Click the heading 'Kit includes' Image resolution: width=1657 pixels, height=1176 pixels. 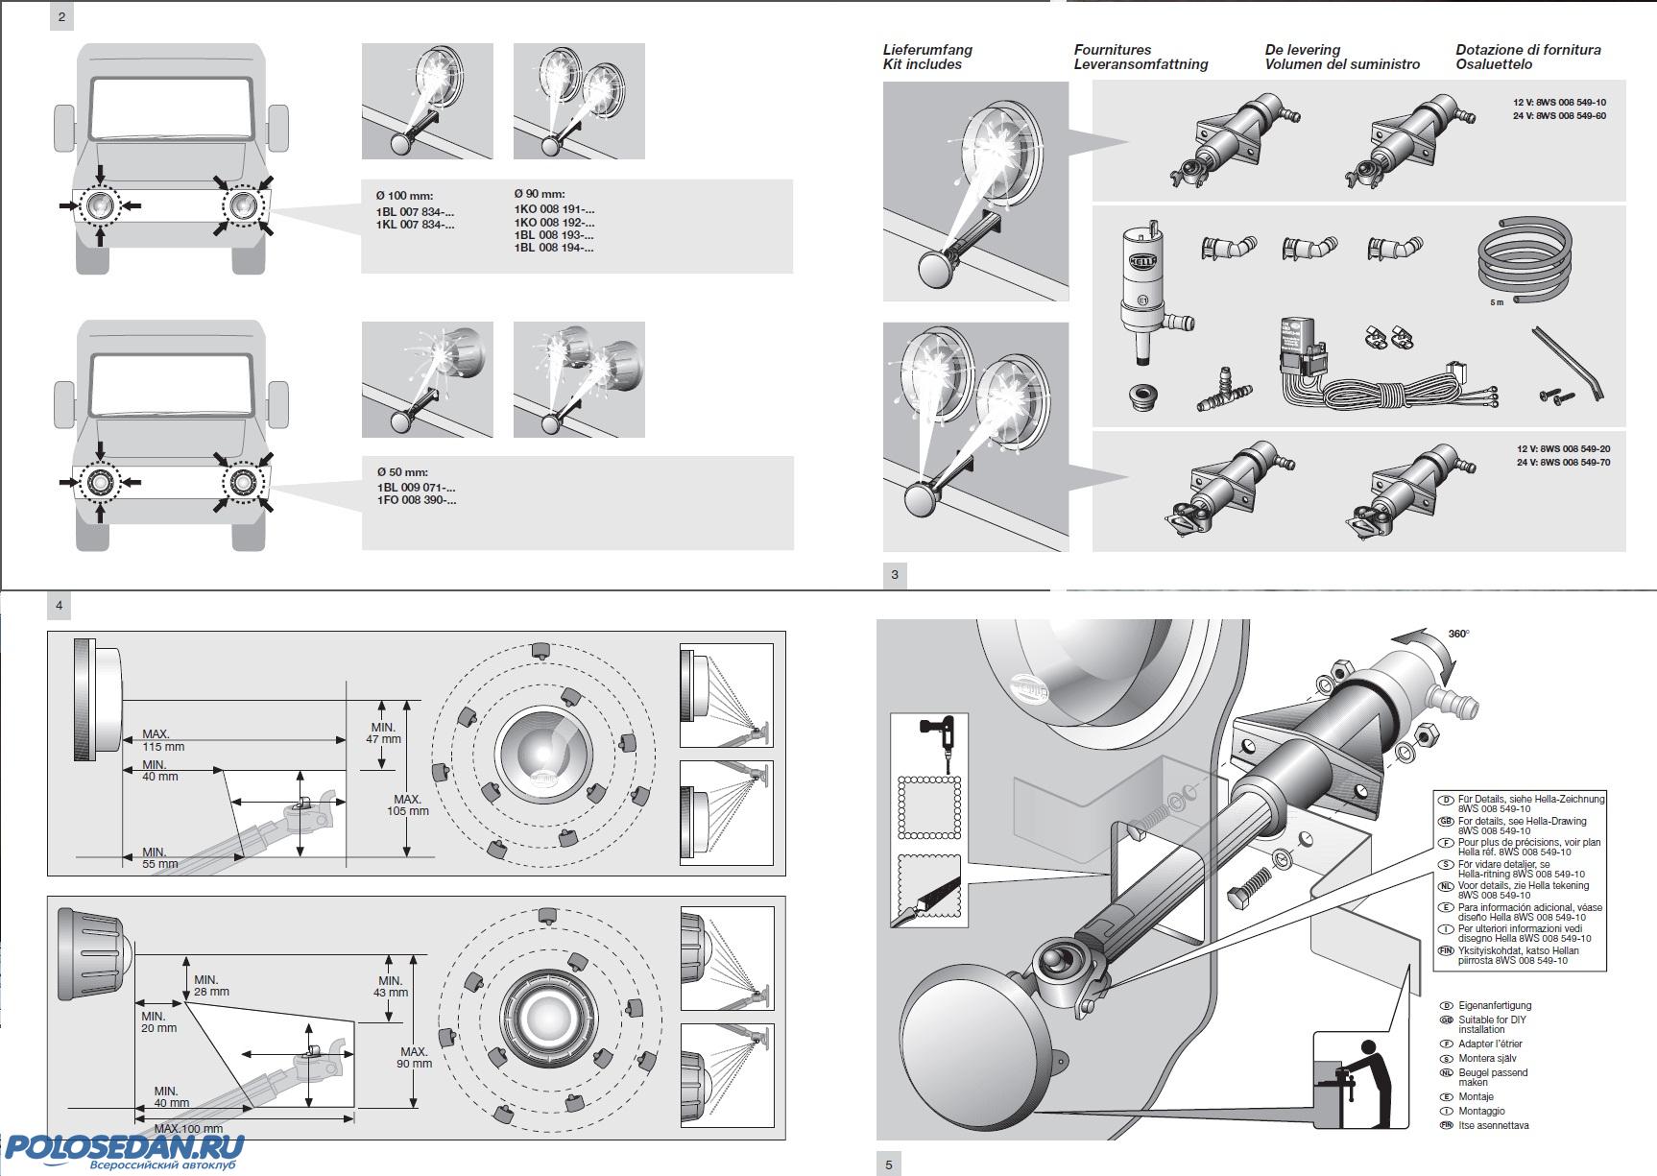[x=922, y=64]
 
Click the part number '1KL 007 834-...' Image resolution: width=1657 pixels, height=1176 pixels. [x=415, y=225]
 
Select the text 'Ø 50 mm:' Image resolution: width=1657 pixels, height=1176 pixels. [x=402, y=472]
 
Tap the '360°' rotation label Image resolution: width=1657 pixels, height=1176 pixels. [x=1458, y=634]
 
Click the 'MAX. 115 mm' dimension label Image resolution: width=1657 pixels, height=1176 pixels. [x=163, y=740]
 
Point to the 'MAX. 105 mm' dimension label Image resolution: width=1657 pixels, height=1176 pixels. [x=407, y=804]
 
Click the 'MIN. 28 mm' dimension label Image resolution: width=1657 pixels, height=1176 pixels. [x=211, y=986]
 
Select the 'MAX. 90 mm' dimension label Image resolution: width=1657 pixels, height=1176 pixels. [x=415, y=1058]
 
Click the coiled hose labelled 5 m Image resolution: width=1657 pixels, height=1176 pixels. [x=1525, y=262]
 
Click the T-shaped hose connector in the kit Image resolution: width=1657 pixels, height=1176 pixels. [x=1225, y=392]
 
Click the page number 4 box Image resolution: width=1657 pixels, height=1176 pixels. [x=60, y=606]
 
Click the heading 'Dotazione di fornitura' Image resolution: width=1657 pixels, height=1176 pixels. [x=1527, y=50]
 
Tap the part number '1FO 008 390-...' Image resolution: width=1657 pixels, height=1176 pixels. [x=416, y=500]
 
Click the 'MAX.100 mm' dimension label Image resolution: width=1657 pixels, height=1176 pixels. [x=188, y=1129]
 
